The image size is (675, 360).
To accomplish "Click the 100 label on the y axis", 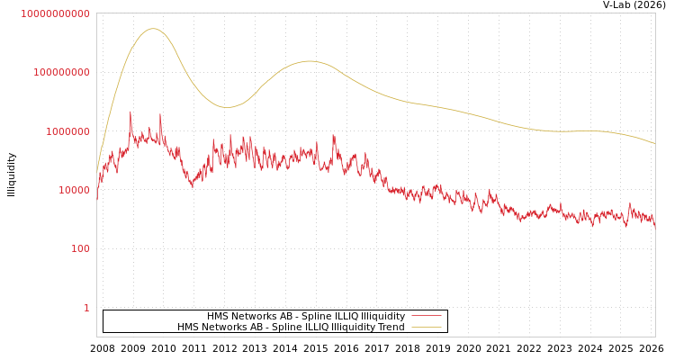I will coord(80,248).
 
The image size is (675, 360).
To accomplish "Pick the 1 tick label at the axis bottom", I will coord(86,308).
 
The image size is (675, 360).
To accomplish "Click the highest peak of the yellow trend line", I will coord(153,29).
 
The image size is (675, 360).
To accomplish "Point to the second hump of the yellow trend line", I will coord(310,61).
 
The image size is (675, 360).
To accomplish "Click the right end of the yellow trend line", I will coord(654,143).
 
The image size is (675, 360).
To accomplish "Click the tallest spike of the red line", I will coord(130,112).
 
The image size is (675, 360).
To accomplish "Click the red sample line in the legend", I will coord(426,317).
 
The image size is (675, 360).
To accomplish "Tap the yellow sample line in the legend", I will coord(426,328).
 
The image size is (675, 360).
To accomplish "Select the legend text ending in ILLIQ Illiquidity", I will coord(306,317).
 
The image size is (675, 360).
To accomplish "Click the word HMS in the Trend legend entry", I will coord(188,328).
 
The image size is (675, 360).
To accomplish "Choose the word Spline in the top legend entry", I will coord(291,317).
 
